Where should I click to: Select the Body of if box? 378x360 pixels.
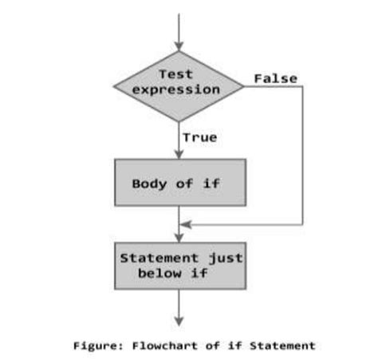(x=179, y=184)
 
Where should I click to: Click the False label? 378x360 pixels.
(x=275, y=78)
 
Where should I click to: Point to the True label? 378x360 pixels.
(x=199, y=137)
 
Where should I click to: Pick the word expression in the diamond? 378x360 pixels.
(x=176, y=89)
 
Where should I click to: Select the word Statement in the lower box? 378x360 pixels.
(x=156, y=259)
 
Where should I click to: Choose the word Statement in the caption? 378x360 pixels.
(x=280, y=345)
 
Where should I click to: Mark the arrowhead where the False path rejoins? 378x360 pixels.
(x=186, y=224)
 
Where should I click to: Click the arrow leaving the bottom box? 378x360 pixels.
(x=179, y=307)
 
